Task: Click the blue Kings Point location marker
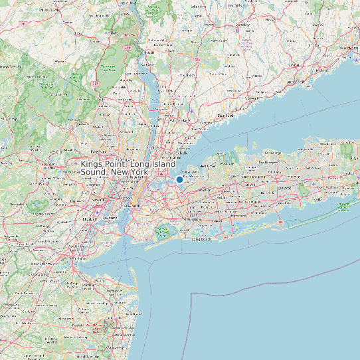(179, 179)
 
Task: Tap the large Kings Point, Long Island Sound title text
(128, 167)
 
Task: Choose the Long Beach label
(201, 239)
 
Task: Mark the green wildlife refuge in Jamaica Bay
(162, 232)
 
